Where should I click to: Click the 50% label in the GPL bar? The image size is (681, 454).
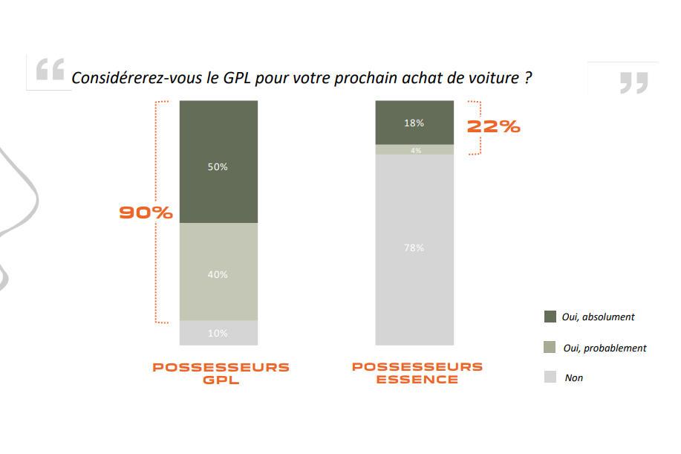[x=218, y=167]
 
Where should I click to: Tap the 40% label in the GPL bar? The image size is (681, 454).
[x=218, y=275]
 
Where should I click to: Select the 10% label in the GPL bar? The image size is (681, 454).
[x=218, y=334]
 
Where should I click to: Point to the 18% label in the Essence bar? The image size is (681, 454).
[x=414, y=123]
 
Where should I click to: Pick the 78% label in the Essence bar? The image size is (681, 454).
[x=414, y=247]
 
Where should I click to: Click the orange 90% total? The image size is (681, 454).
[x=146, y=213]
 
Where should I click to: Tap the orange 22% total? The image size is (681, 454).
[x=493, y=126]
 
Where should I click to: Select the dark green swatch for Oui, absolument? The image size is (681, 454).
[x=550, y=317]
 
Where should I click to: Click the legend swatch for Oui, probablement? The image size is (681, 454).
[x=550, y=347]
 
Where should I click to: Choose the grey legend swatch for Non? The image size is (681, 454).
[x=550, y=377]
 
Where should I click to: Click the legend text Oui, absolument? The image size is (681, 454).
[x=599, y=317]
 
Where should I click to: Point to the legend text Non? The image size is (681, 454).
[x=573, y=378]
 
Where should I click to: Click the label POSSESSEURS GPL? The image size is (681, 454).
[x=221, y=373]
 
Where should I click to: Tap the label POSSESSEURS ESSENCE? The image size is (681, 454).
[x=417, y=373]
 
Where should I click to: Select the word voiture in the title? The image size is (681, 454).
[x=497, y=77]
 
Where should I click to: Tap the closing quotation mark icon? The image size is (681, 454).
[x=633, y=82]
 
